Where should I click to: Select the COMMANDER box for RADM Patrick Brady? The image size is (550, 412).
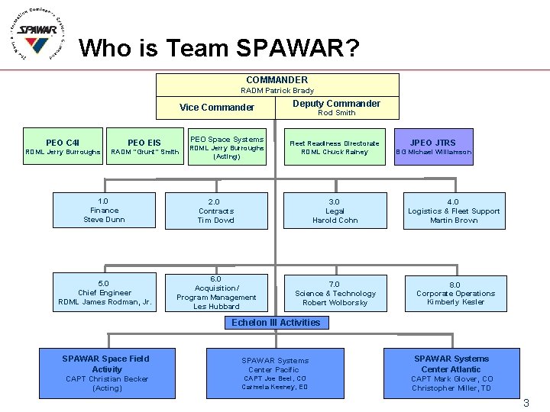click(x=277, y=84)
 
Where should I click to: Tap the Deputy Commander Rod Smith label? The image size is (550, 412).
click(x=336, y=108)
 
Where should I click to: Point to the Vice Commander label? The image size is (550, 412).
click(x=217, y=108)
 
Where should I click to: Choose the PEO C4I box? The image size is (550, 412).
click(x=63, y=146)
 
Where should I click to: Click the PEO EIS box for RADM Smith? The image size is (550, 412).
click(x=144, y=146)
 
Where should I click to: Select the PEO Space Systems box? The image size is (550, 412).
click(x=226, y=147)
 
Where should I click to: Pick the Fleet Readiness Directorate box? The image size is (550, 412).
click(x=335, y=147)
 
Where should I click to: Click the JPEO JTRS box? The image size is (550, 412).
click(x=432, y=146)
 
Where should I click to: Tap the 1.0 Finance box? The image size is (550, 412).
click(x=104, y=211)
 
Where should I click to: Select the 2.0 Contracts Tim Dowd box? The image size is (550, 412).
click(x=216, y=211)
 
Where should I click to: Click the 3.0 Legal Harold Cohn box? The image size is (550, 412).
click(x=335, y=211)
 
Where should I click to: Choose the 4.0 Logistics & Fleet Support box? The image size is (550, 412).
click(x=454, y=211)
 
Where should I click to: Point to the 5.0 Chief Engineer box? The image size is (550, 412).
click(x=104, y=293)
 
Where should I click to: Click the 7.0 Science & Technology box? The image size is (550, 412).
click(x=335, y=293)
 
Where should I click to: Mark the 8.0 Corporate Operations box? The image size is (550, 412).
click(x=455, y=293)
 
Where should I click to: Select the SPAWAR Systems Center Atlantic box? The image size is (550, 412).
click(x=451, y=373)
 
